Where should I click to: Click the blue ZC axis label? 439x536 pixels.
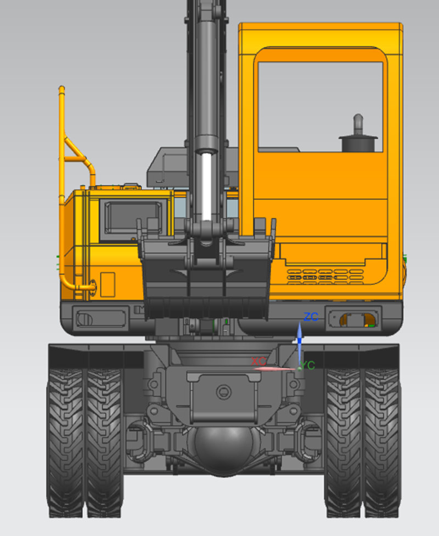(x=311, y=317)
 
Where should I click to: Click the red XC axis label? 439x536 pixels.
(x=258, y=361)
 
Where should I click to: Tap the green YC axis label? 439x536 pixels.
(x=308, y=366)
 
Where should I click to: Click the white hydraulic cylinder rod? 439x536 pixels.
(x=206, y=187)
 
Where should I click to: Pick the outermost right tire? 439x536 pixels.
(x=382, y=443)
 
